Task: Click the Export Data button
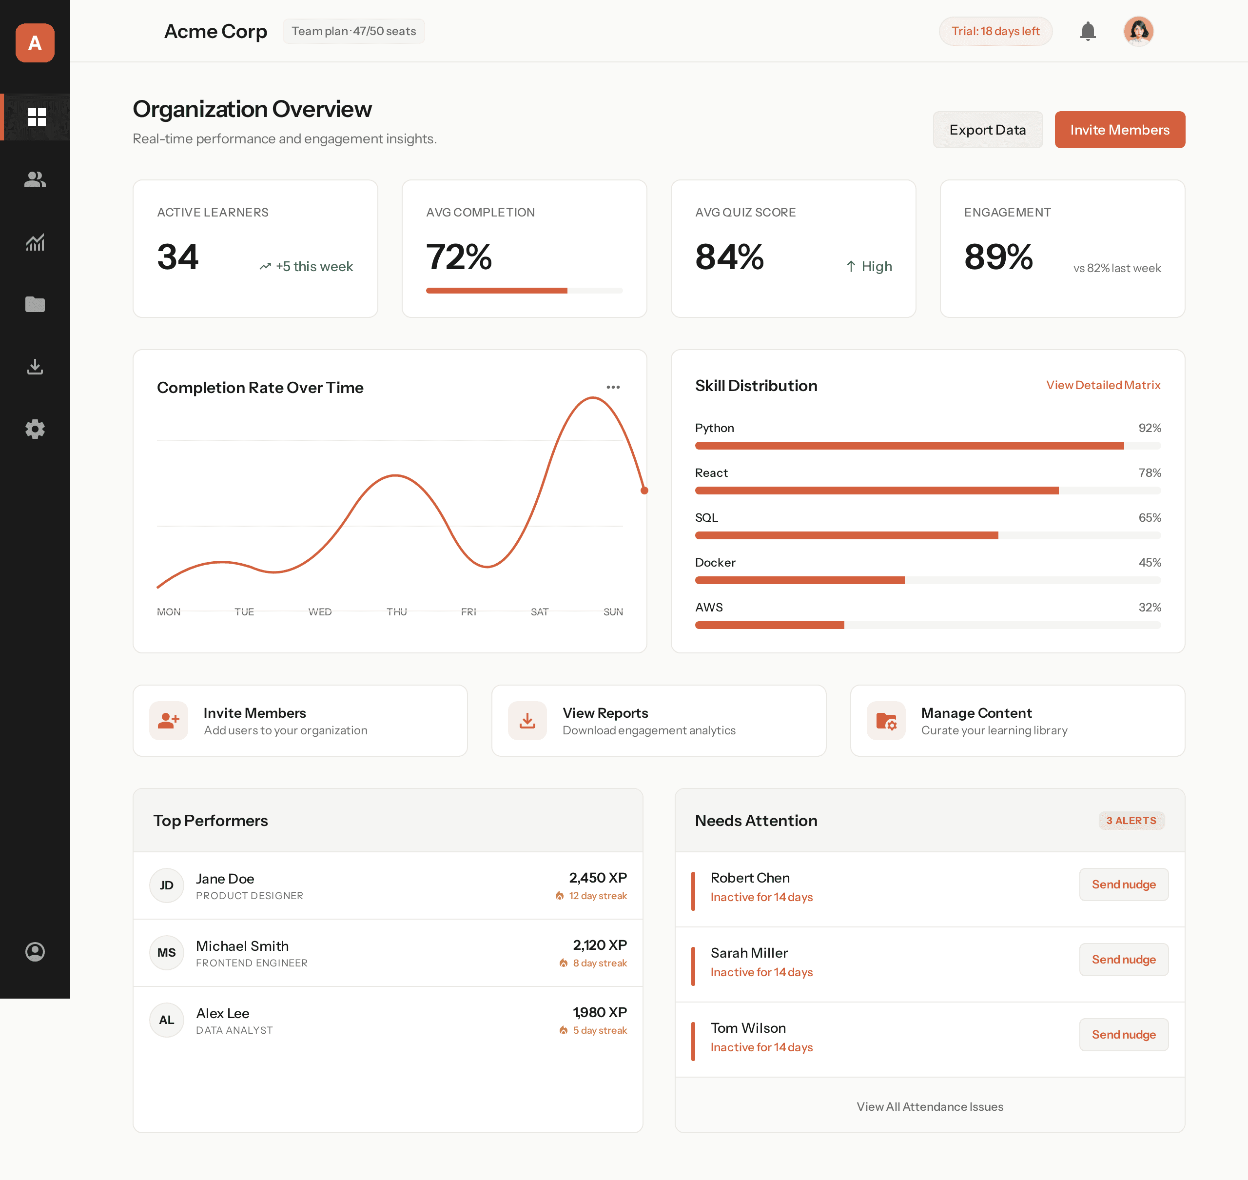pos(987,130)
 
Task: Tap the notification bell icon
pos(1088,31)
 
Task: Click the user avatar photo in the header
pos(1138,31)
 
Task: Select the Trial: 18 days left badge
pos(995,31)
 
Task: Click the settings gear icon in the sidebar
pos(35,429)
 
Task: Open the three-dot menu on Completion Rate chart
pos(613,387)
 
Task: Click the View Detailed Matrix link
pos(1103,385)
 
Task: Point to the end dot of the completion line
pos(644,491)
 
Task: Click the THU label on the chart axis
pos(396,611)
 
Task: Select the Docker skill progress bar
pos(927,580)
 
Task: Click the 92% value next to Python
pos(1150,428)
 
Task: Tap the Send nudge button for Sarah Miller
pos(1124,959)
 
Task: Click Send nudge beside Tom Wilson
pos(1124,1034)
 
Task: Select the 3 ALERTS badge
pos(1131,820)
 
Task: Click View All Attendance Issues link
pos(929,1106)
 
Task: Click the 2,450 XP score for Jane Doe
pos(597,878)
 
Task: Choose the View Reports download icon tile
pos(527,720)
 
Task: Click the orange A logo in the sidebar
pos(35,43)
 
